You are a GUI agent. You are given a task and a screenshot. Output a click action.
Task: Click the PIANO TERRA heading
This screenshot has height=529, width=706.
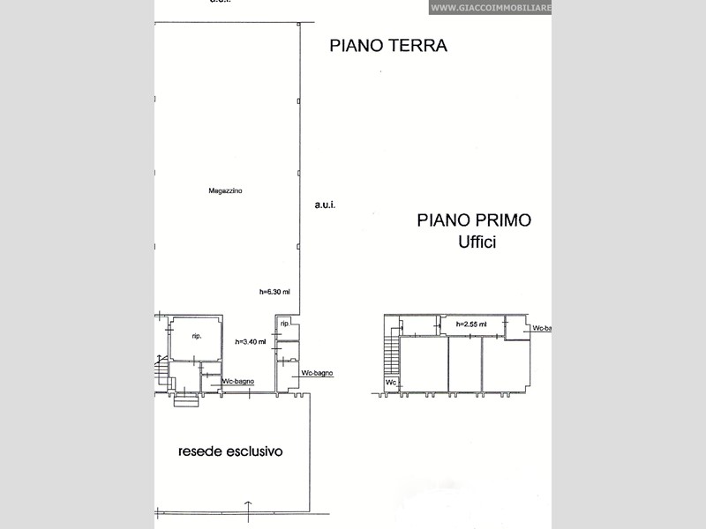coord(388,46)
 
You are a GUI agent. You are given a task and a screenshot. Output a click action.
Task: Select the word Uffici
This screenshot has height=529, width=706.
coord(477,242)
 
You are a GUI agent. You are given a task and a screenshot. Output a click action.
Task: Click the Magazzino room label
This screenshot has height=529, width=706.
coord(226,190)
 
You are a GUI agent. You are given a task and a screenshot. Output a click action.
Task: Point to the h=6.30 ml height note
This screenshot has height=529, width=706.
coord(274,292)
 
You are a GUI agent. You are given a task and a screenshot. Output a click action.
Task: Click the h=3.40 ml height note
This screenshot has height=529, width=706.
coord(250,341)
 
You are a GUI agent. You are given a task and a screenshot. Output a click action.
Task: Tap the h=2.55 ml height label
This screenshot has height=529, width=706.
coord(470,324)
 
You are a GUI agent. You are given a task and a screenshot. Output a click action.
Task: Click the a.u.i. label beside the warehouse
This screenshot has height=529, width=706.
coord(325,205)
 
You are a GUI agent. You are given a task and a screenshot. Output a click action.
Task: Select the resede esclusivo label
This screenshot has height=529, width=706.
coord(230,451)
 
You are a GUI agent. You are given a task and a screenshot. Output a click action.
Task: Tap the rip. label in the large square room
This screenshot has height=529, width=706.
coord(196,336)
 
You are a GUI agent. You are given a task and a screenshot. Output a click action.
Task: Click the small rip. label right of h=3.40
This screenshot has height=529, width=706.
coord(285,324)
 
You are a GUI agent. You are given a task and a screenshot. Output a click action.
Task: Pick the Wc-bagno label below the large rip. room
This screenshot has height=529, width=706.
coord(238,381)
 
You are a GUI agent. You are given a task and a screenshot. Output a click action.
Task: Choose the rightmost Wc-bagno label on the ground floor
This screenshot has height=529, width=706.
coord(317,374)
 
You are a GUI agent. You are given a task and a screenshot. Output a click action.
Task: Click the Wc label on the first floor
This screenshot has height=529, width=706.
coord(391,383)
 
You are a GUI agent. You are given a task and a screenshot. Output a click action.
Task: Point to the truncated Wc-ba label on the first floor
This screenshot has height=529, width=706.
coord(542,328)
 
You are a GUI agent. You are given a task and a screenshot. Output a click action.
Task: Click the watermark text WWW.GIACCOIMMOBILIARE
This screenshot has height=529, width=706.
coord(490,8)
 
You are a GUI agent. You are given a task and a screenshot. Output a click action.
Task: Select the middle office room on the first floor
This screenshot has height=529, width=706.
coord(465,363)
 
